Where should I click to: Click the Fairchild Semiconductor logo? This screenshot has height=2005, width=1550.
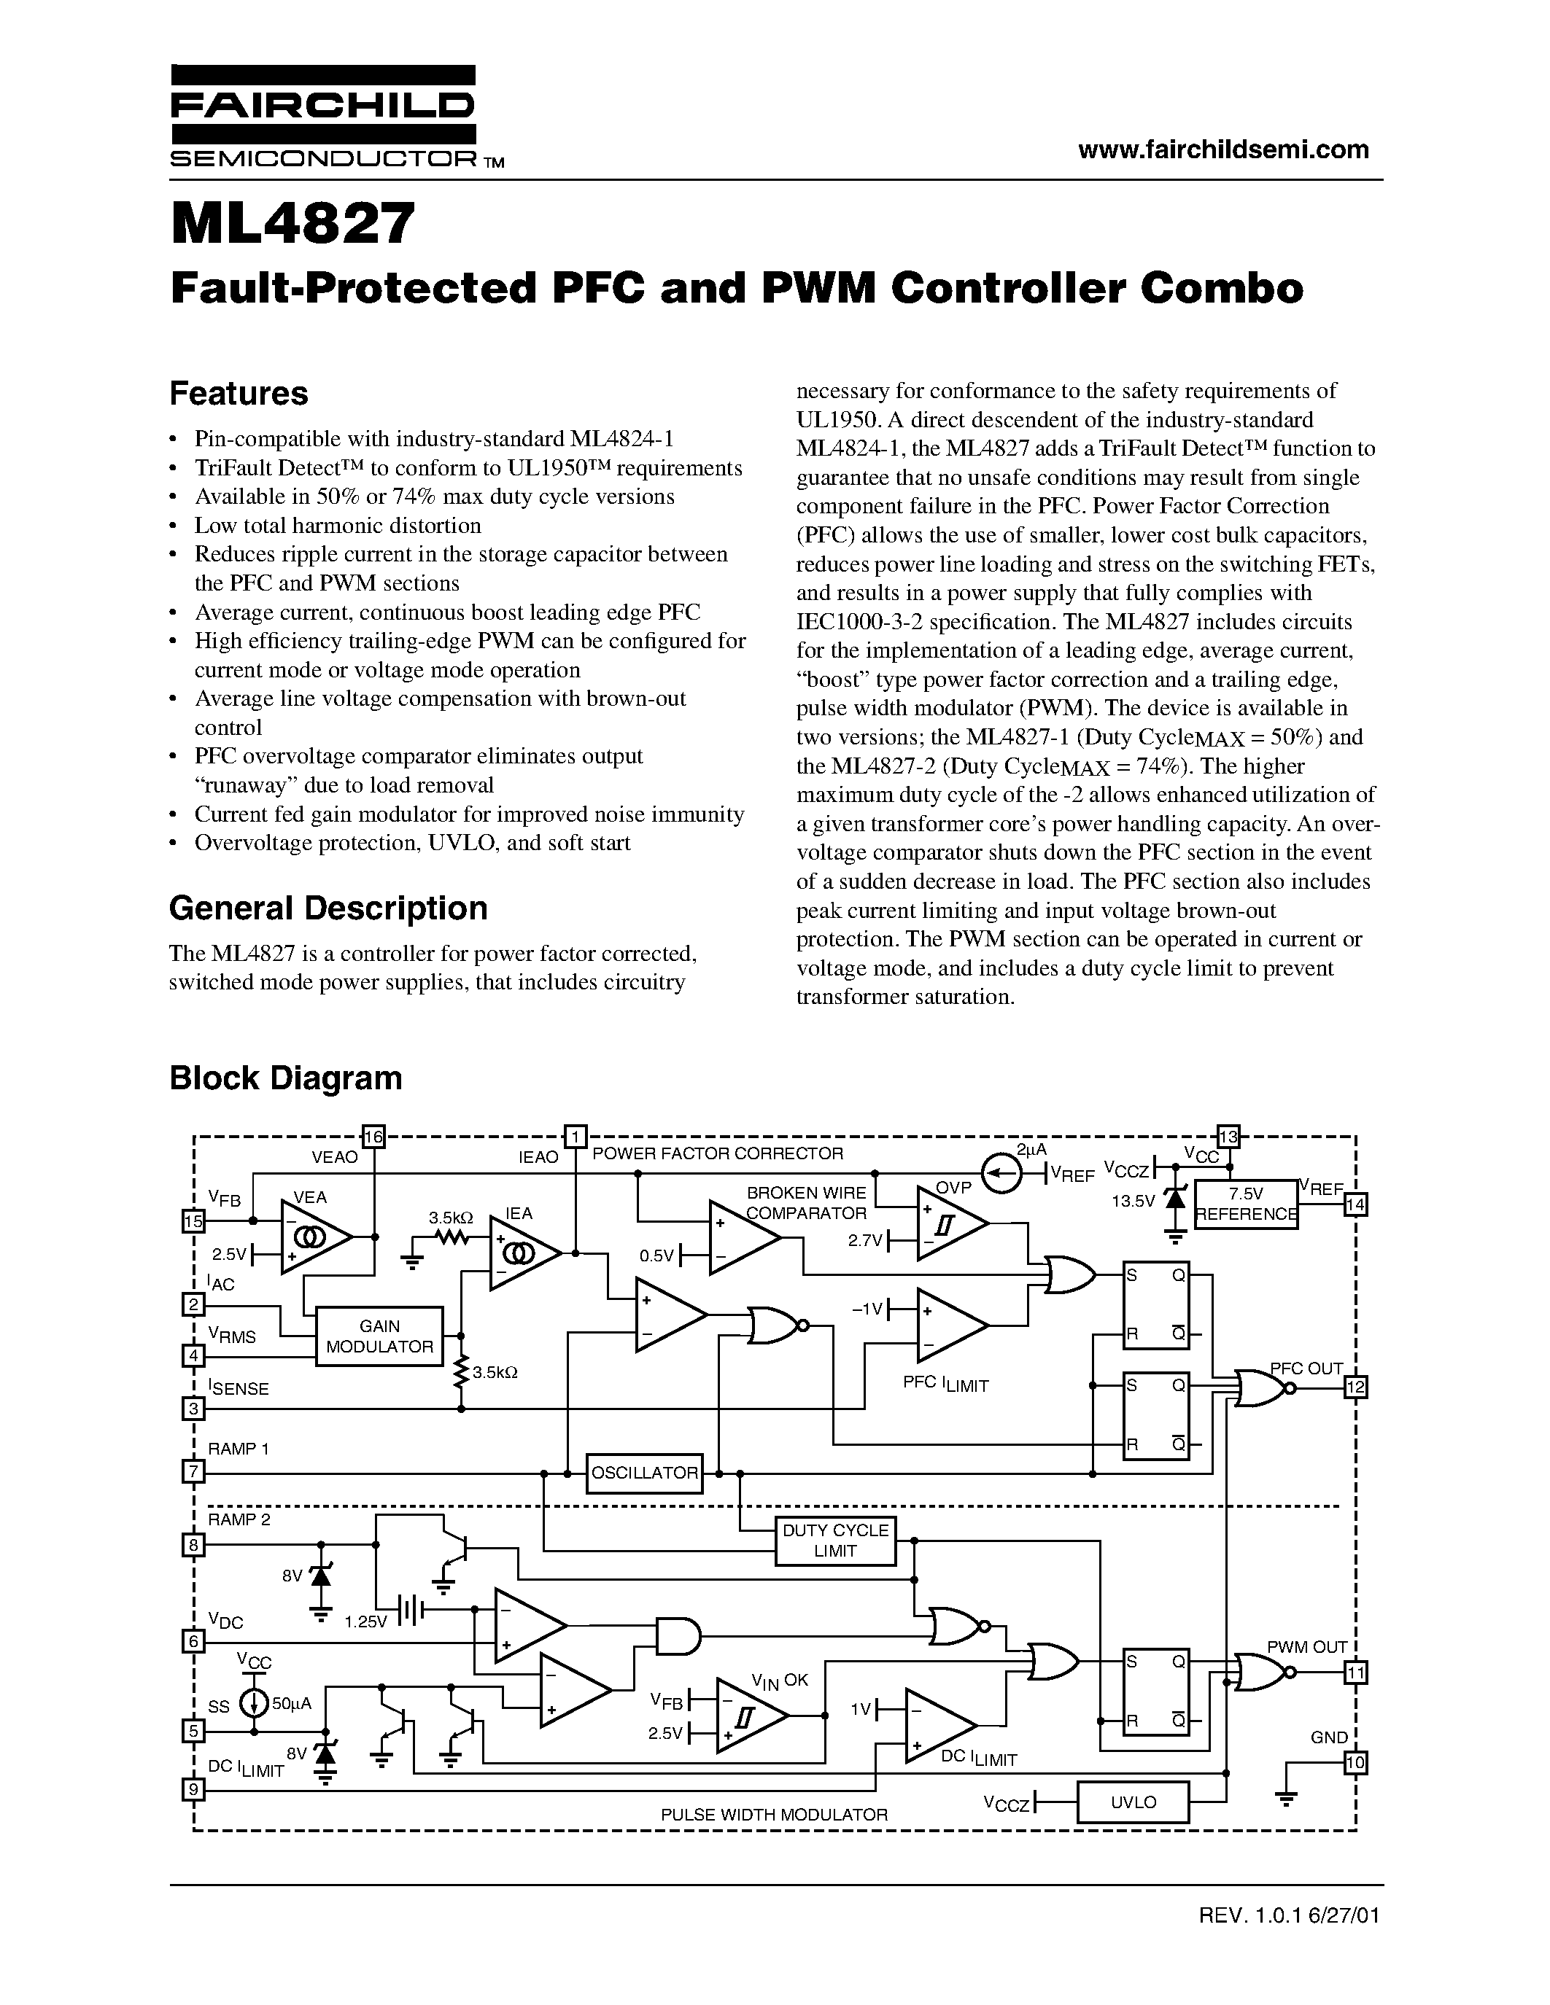coord(323,117)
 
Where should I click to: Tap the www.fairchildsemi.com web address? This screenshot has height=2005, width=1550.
coord(1223,149)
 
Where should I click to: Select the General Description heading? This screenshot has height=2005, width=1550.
coord(328,908)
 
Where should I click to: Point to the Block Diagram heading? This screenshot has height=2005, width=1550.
coord(286,1078)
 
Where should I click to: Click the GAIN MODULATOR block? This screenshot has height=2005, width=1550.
coord(379,1336)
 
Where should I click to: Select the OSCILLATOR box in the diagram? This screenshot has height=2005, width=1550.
coord(645,1473)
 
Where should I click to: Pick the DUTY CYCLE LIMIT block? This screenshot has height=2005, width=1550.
coord(834,1541)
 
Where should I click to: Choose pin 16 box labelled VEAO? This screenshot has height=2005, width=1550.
coord(373,1137)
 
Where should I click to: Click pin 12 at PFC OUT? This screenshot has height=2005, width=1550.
coord(1355,1387)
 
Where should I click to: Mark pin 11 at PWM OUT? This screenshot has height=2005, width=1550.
coord(1355,1673)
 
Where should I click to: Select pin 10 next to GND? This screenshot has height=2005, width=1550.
coord(1355,1763)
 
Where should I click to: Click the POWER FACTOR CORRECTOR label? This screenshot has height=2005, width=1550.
coord(717,1154)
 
